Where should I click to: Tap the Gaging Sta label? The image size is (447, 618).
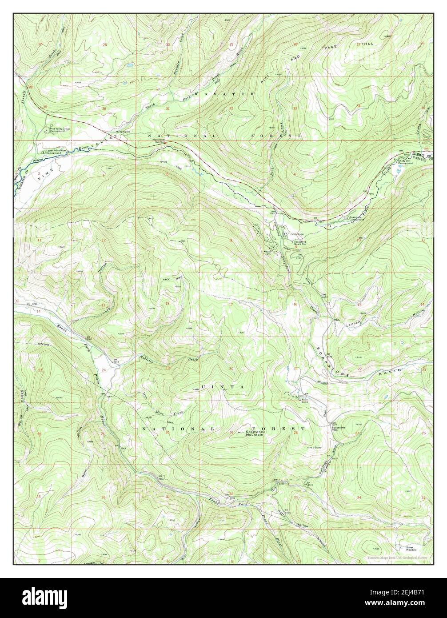[x=123, y=132]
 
